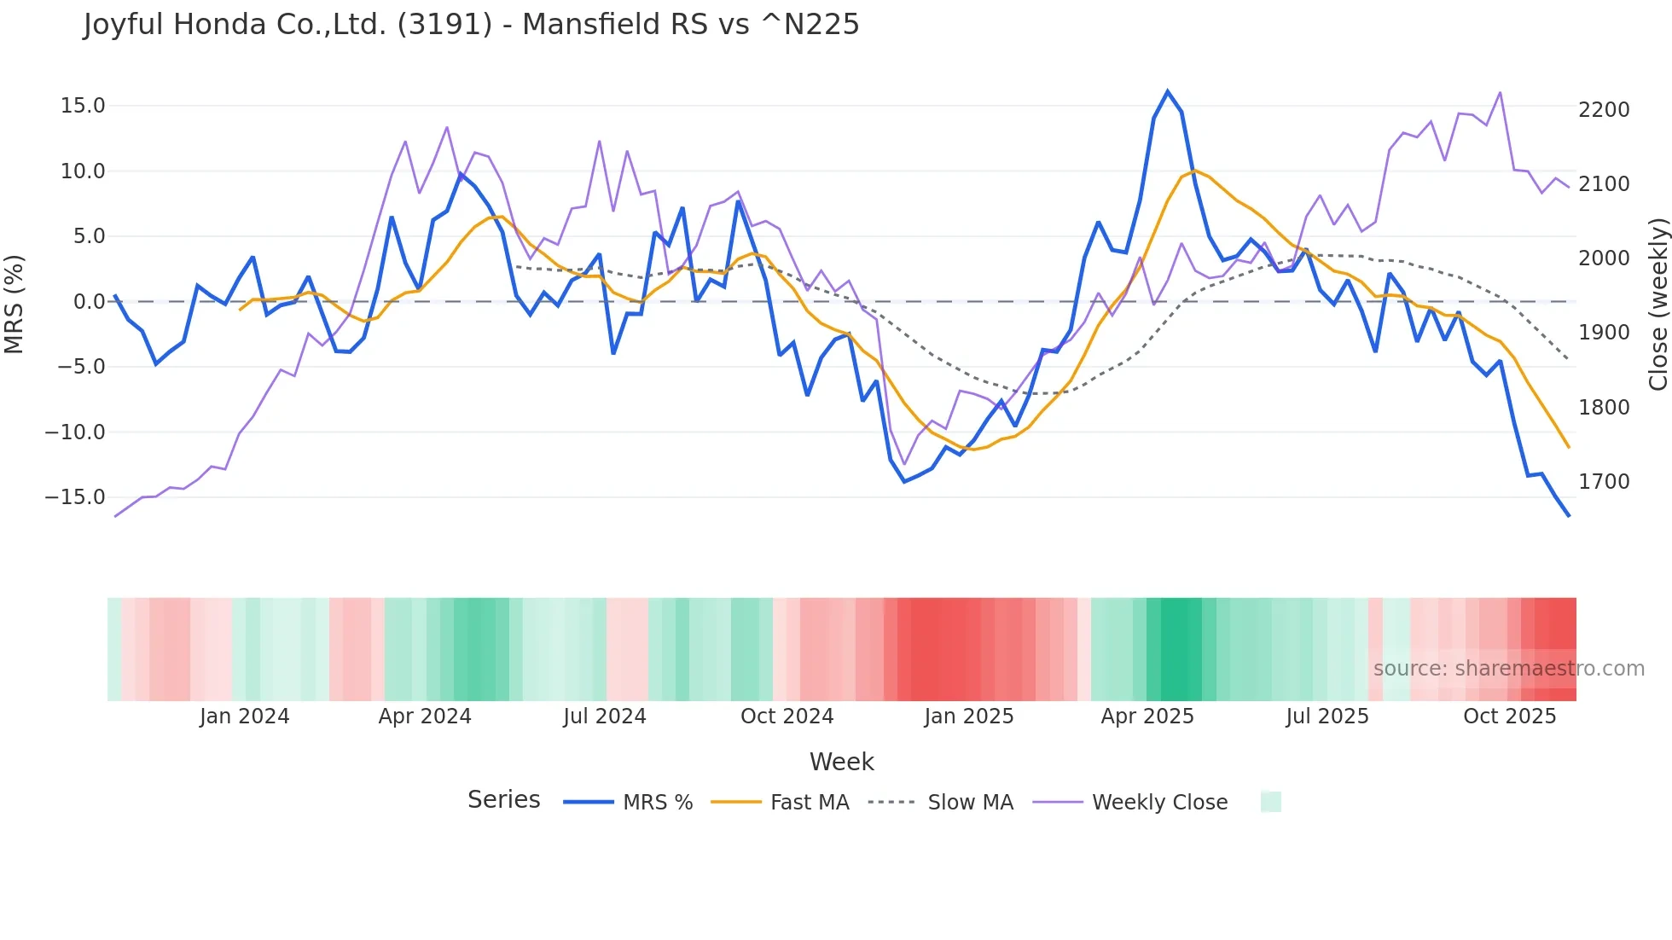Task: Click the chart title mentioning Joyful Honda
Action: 471,24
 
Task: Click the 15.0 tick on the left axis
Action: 83,106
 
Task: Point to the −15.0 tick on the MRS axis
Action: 75,497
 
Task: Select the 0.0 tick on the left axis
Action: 89,302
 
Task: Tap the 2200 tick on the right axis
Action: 1604,110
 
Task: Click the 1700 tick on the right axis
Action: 1604,482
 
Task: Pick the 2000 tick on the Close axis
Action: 1604,258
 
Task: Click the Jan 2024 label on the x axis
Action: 244,717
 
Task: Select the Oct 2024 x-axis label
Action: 787,717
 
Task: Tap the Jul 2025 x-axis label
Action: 1327,717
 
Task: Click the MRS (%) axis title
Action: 15,304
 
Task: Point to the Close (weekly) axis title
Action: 1657,304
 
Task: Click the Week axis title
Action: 841,762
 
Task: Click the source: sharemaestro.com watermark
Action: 1508,669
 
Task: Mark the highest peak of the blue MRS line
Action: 1168,91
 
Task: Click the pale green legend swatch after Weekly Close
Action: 1270,802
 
